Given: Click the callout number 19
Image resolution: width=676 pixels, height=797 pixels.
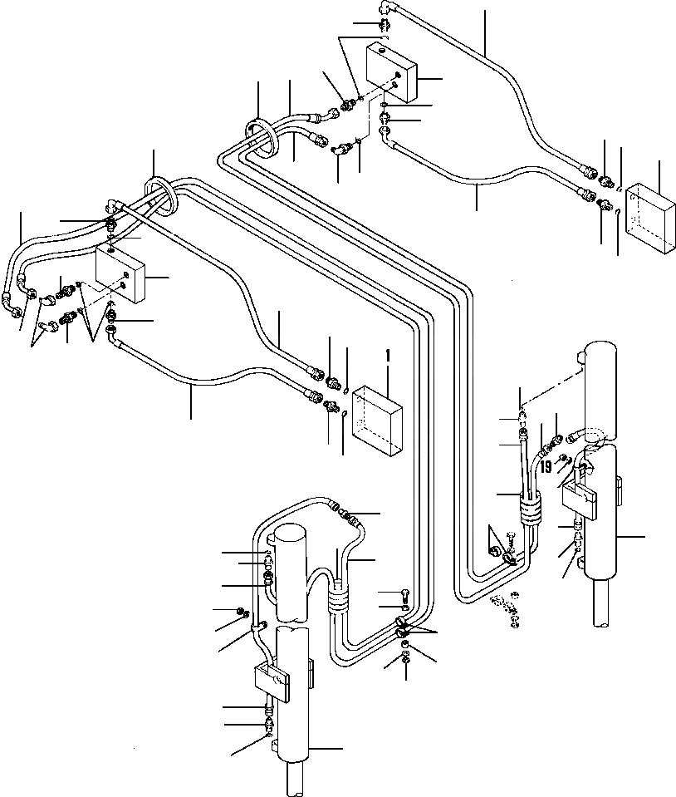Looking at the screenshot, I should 546,467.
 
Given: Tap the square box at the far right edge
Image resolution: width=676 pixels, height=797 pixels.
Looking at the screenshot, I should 651,217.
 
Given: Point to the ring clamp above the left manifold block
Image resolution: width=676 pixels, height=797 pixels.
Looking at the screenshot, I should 159,196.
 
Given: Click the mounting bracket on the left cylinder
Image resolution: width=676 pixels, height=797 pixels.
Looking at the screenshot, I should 271,680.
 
